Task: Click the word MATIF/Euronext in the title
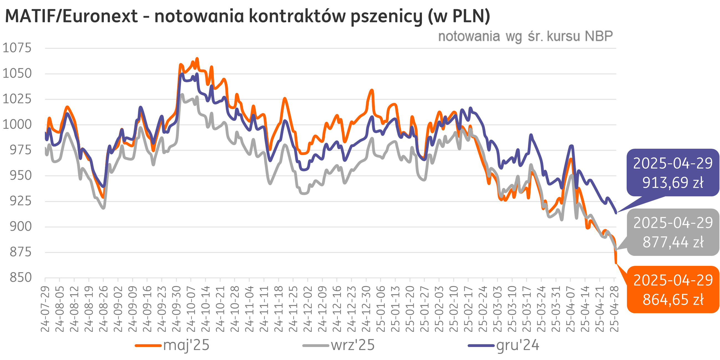[x=71, y=16]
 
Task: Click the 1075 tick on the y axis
[x=17, y=48]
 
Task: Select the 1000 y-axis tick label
[x=17, y=125]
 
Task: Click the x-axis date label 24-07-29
[x=45, y=309]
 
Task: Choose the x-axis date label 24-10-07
[x=191, y=309]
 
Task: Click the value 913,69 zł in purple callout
[x=673, y=183]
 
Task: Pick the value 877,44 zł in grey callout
[x=673, y=242]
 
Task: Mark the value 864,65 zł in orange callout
[x=673, y=300]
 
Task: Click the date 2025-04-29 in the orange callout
[x=673, y=280]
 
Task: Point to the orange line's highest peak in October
[x=197, y=59]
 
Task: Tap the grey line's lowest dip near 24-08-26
[x=103, y=208]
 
